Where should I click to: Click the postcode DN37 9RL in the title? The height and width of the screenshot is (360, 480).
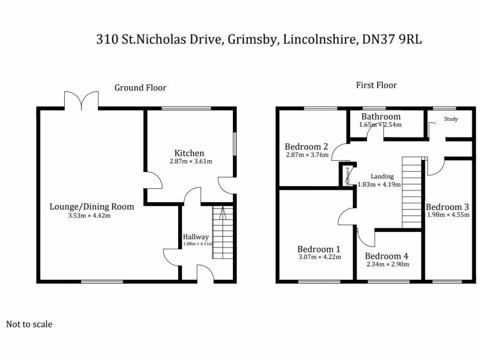point(392,39)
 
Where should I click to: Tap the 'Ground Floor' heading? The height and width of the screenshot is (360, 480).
point(140,88)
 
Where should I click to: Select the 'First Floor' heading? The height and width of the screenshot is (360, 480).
point(376,85)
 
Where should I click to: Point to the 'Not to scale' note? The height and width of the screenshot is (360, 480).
point(29,324)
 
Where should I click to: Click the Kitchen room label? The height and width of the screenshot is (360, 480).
point(189,153)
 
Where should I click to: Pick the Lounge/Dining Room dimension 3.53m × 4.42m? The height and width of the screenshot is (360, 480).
point(91,216)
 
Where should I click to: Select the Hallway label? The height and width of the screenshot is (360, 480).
point(195,237)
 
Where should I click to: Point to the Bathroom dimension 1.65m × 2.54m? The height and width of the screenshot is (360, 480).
point(380,125)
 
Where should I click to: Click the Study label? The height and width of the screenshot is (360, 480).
point(451,119)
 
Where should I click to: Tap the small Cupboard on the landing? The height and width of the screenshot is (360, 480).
point(348,175)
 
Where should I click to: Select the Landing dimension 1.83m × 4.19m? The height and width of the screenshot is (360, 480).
point(379,184)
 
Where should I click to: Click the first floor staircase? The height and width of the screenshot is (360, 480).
point(412,192)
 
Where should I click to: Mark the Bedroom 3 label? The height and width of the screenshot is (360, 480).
point(447,207)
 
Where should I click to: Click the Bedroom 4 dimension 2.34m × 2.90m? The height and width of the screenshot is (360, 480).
point(387,264)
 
